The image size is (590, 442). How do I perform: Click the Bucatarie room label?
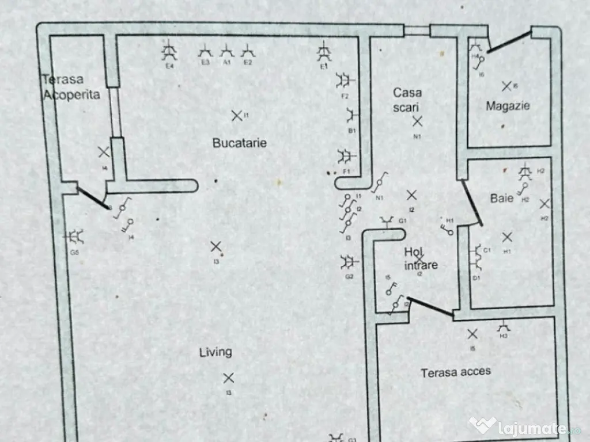[x=240, y=143]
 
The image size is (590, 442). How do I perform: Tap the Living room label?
[x=215, y=352]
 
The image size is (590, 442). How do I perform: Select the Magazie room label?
[x=508, y=106]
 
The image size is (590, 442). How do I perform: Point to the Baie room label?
[x=502, y=199]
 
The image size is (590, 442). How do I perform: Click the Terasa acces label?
[x=456, y=372]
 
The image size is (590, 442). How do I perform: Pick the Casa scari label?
[x=408, y=99]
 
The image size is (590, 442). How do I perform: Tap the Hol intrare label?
[x=421, y=258]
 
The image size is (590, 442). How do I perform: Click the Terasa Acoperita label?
[x=70, y=87]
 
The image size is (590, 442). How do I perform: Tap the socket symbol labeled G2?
[x=347, y=262]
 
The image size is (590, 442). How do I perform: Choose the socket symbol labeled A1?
[x=227, y=52]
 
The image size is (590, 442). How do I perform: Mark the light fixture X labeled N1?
[x=417, y=121]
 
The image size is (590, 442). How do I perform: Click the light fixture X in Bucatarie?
[x=236, y=116]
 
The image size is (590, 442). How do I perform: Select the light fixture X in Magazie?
[x=506, y=86]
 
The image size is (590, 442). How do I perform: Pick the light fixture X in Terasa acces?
[x=472, y=333]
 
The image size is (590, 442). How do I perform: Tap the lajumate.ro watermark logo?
[x=524, y=426]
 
